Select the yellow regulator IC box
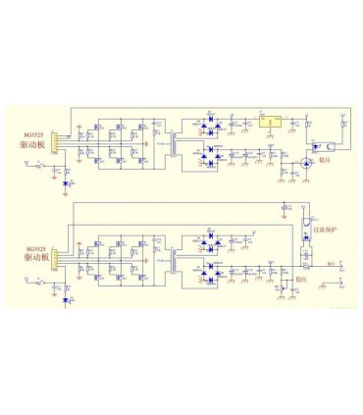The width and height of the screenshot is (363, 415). (x=272, y=123)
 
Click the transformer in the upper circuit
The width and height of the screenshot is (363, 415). (x=175, y=144)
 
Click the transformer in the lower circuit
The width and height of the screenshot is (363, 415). (x=175, y=261)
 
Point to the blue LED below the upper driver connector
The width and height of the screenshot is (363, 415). (x=66, y=183)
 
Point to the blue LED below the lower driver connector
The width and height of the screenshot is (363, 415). (x=66, y=299)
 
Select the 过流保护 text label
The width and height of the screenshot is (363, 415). (x=325, y=232)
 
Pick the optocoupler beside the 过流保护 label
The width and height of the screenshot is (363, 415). (x=306, y=235)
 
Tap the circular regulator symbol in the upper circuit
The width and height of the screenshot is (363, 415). (x=305, y=162)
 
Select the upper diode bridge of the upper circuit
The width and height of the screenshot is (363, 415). (x=208, y=125)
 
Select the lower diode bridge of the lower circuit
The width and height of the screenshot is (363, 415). (x=208, y=278)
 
